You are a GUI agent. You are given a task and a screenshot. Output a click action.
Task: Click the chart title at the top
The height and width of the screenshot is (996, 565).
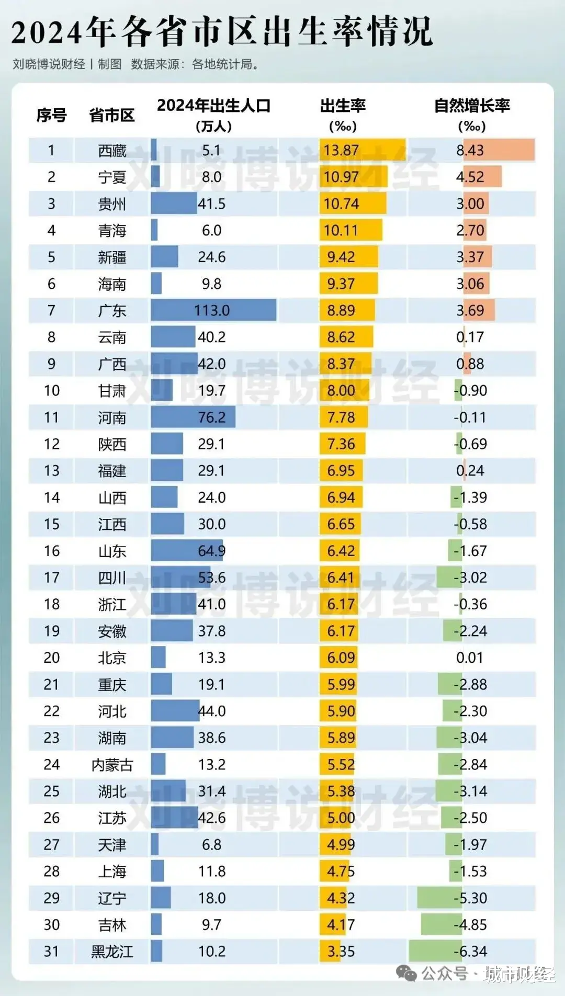(222, 31)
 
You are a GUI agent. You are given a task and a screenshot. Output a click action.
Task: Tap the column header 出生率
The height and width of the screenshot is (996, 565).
(343, 106)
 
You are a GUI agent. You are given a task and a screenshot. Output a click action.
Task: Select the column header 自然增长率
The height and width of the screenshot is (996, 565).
(472, 106)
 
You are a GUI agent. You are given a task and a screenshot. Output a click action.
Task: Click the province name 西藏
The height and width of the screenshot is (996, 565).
(112, 151)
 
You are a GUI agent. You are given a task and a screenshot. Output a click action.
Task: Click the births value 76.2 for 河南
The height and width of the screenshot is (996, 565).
(212, 417)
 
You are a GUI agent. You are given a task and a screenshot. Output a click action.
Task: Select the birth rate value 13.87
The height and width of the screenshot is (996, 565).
(341, 151)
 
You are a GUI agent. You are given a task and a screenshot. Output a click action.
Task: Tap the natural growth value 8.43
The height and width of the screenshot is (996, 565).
(470, 151)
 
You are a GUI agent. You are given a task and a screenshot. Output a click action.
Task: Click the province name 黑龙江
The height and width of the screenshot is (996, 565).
(112, 951)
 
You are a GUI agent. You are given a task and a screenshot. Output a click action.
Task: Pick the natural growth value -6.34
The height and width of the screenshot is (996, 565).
(470, 951)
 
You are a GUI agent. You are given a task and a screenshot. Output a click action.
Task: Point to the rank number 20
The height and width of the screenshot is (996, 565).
(51, 658)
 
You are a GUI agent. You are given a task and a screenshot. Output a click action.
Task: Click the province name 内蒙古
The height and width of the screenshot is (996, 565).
(112, 765)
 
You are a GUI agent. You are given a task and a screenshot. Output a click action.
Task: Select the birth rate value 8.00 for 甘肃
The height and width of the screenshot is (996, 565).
(341, 391)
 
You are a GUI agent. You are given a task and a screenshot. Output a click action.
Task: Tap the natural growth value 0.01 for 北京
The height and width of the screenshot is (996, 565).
(470, 658)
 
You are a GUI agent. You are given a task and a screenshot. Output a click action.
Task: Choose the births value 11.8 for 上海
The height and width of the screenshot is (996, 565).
(212, 871)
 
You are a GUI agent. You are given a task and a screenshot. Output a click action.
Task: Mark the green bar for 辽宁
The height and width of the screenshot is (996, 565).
(435, 898)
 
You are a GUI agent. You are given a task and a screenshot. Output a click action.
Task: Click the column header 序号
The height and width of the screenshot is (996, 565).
(51, 115)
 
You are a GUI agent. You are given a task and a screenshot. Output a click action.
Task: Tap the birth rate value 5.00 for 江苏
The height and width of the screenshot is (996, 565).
(341, 818)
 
